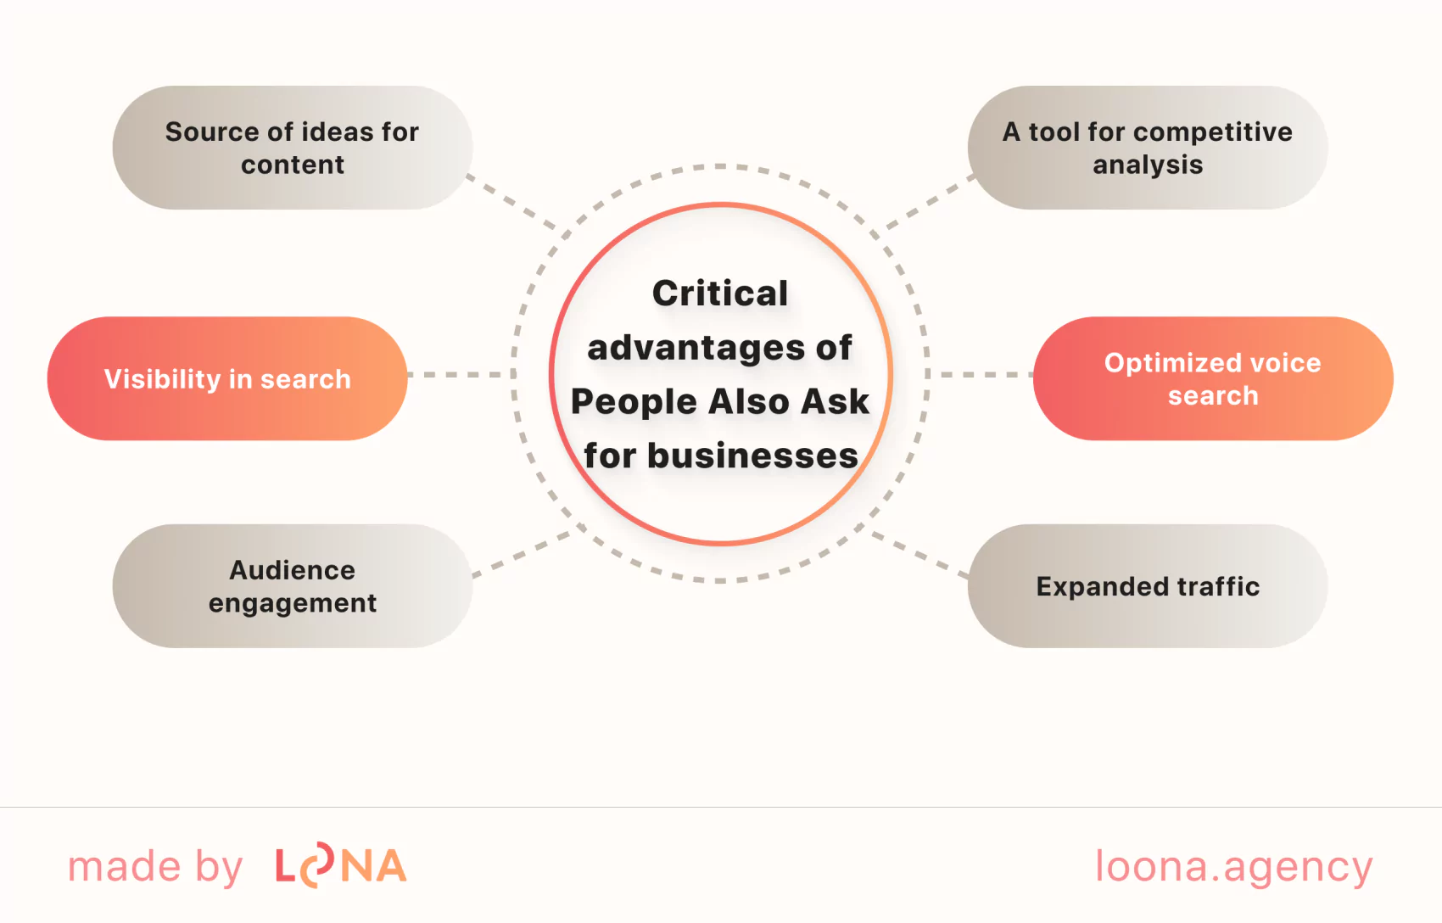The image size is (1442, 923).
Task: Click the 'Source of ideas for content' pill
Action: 293,148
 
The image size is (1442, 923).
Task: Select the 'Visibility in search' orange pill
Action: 227,378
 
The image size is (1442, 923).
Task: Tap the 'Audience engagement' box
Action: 293,586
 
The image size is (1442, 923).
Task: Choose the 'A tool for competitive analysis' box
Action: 1148,148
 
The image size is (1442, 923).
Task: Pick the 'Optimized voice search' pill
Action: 1213,378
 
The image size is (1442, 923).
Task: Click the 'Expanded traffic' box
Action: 1148,586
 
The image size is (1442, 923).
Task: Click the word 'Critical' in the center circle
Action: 720,294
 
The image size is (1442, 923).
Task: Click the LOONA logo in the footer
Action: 341,866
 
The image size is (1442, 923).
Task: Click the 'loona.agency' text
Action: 1233,866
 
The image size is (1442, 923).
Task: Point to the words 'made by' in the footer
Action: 155,866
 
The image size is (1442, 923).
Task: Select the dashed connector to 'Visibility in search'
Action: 460,374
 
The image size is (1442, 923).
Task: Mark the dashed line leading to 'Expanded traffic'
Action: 920,556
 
